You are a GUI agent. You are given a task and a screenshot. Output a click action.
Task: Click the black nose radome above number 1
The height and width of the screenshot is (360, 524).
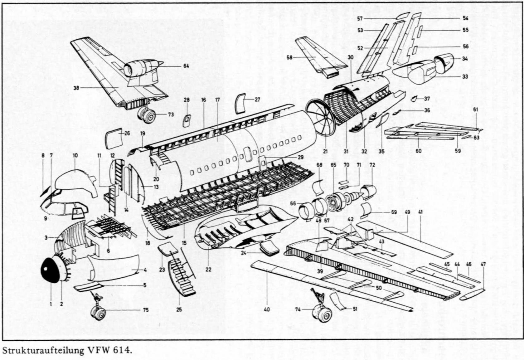[x=51, y=270]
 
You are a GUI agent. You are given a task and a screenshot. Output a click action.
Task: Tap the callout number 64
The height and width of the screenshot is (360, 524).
[x=186, y=66]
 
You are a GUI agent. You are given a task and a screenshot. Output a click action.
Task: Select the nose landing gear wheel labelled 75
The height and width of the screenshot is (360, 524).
[x=98, y=312]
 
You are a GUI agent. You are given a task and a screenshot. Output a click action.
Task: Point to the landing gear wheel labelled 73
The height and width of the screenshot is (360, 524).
[x=147, y=115]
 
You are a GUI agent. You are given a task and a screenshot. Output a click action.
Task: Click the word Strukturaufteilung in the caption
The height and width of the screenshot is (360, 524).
[x=43, y=350]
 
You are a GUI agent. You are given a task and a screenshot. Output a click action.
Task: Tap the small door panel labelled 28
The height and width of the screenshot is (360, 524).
[x=187, y=120]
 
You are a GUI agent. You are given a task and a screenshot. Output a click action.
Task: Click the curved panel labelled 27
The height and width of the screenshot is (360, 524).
[x=240, y=103]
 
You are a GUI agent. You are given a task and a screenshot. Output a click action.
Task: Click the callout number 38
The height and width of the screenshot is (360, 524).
[x=76, y=88]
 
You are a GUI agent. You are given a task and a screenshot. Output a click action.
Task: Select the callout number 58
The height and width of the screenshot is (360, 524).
[x=289, y=58]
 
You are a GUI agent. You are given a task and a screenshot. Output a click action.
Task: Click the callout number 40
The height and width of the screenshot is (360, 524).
[x=267, y=309]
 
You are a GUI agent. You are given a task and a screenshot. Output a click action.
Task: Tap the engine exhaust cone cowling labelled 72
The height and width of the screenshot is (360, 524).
[x=369, y=191]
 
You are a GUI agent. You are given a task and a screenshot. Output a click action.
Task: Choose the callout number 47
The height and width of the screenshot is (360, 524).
[x=483, y=265]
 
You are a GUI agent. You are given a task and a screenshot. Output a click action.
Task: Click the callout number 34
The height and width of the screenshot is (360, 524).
[x=465, y=59]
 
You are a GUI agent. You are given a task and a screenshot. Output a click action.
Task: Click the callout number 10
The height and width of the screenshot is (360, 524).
[x=75, y=155]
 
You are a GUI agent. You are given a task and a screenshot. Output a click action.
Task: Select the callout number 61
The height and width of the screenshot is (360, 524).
[x=476, y=110]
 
